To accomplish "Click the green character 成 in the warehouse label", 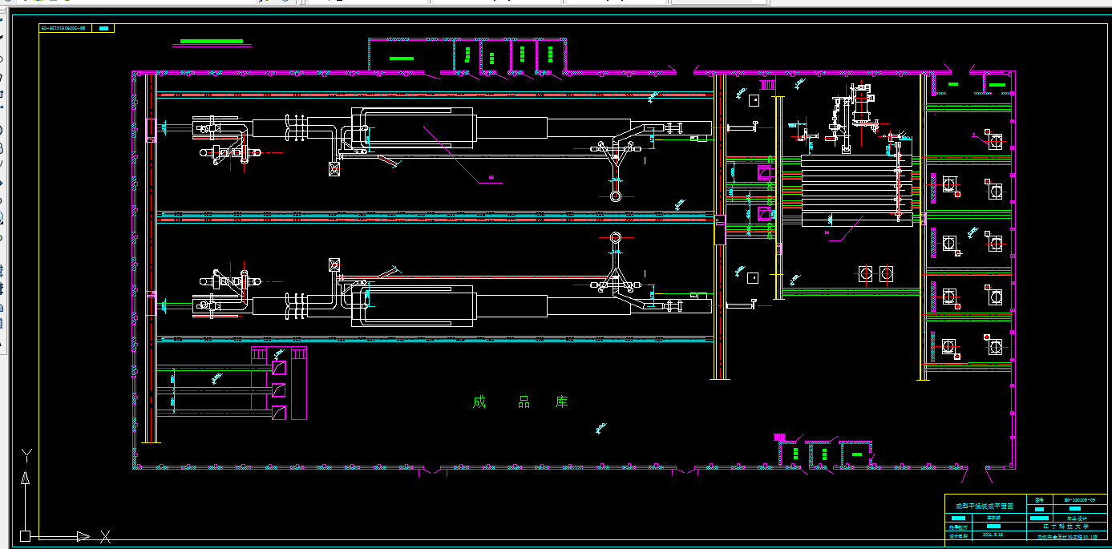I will pyautogui.click(x=479, y=402).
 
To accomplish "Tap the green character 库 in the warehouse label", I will pyautogui.click(x=562, y=402).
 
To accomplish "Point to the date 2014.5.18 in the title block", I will pyautogui.click(x=993, y=533).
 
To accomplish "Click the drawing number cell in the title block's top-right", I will pyautogui.click(x=1079, y=499).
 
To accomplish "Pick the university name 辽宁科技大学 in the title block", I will pyautogui.click(x=1061, y=527).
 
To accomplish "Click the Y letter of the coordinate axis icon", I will pyautogui.click(x=26, y=456).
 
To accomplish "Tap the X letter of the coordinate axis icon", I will pyautogui.click(x=104, y=536).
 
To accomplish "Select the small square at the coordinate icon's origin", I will pyautogui.click(x=26, y=535).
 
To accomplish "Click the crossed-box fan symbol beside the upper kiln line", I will pyautogui.click(x=334, y=169).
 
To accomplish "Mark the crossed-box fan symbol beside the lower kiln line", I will pyautogui.click(x=334, y=264).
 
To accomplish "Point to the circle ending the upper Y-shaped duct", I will pyautogui.click(x=615, y=196).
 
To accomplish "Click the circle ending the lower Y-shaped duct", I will pyautogui.click(x=615, y=238).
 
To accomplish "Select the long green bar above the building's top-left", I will pyautogui.click(x=212, y=41).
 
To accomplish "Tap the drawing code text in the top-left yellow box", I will pyautogui.click(x=63, y=28).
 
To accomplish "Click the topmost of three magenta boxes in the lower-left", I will pyautogui.click(x=279, y=368).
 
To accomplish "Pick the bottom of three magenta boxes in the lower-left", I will pyautogui.click(x=279, y=414).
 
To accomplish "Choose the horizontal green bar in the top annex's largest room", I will pyautogui.click(x=401, y=59).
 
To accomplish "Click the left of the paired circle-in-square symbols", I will pyautogui.click(x=866, y=274).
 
